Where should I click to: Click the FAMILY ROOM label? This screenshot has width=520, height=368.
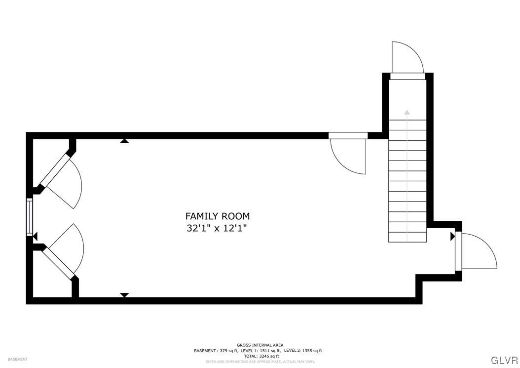coord(217,216)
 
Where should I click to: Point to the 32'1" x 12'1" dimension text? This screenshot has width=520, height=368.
coord(217,228)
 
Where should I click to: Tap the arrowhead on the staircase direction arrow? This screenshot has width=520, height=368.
coord(407,112)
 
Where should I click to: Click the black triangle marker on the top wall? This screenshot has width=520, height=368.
coord(124,141)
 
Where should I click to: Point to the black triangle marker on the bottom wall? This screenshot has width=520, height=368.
coord(124,295)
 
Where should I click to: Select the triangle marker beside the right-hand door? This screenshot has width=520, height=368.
coord(452,237)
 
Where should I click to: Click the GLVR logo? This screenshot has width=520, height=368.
coord(504,359)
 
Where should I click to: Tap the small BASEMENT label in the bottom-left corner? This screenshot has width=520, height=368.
coord(17,359)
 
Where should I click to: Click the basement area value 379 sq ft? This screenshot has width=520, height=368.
coord(227,351)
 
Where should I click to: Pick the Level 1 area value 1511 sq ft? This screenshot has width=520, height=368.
coord(270,351)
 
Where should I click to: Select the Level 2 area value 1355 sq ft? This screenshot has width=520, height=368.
coord(312,351)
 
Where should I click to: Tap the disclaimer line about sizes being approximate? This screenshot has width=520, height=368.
coord(260,362)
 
